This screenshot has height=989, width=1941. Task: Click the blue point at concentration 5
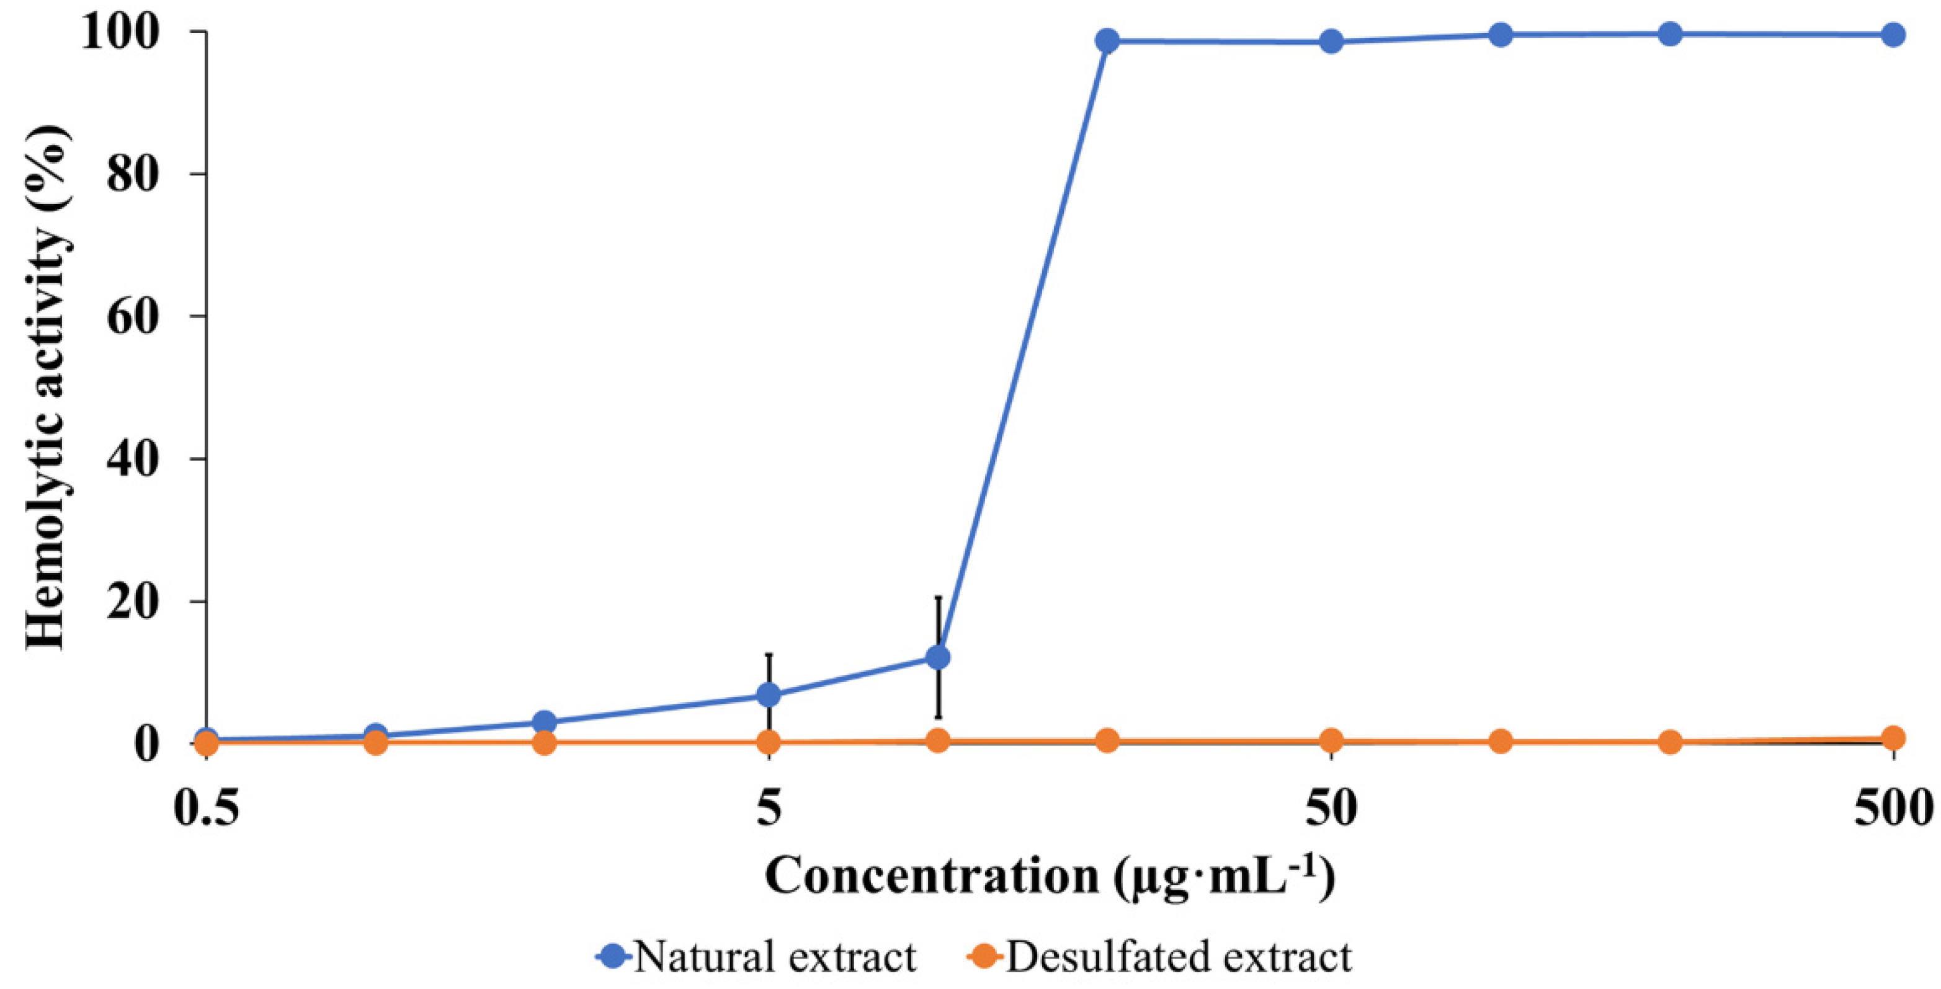(769, 694)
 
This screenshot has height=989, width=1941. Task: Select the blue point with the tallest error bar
(937, 657)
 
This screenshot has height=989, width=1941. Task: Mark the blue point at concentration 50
(1331, 42)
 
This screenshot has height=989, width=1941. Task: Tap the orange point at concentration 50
(1331, 740)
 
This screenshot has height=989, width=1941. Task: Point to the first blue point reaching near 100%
(1107, 41)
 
